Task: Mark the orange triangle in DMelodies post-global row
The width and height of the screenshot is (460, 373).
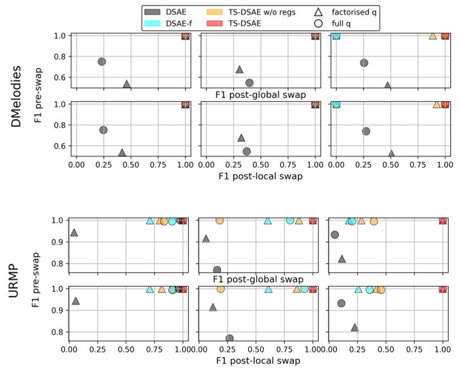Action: tap(433, 36)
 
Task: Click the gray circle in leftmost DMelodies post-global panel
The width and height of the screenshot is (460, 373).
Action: tap(102, 61)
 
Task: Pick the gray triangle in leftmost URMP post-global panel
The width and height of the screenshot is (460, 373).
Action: tap(73, 232)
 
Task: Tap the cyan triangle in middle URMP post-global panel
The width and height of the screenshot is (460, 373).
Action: tap(267, 221)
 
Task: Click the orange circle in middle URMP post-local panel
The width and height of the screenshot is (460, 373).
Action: tap(221, 289)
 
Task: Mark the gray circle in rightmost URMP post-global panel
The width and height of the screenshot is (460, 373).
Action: tap(335, 235)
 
